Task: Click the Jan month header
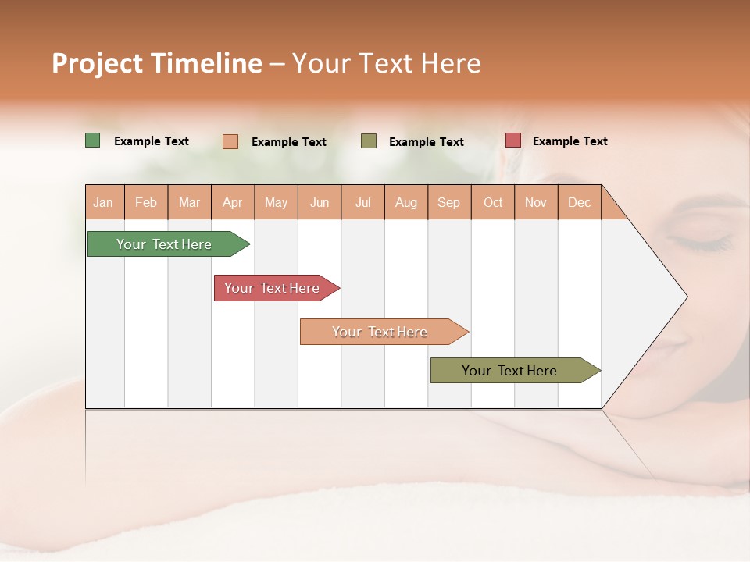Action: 104,202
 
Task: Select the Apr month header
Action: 233,202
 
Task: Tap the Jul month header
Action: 363,202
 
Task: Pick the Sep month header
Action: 448,202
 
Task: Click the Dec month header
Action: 579,202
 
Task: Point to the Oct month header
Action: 493,202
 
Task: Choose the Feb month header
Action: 146,202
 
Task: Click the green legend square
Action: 93,140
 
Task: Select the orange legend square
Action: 230,141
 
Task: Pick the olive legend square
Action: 369,141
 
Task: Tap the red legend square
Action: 513,140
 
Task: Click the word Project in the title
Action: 97,63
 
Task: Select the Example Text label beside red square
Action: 570,141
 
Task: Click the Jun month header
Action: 320,202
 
